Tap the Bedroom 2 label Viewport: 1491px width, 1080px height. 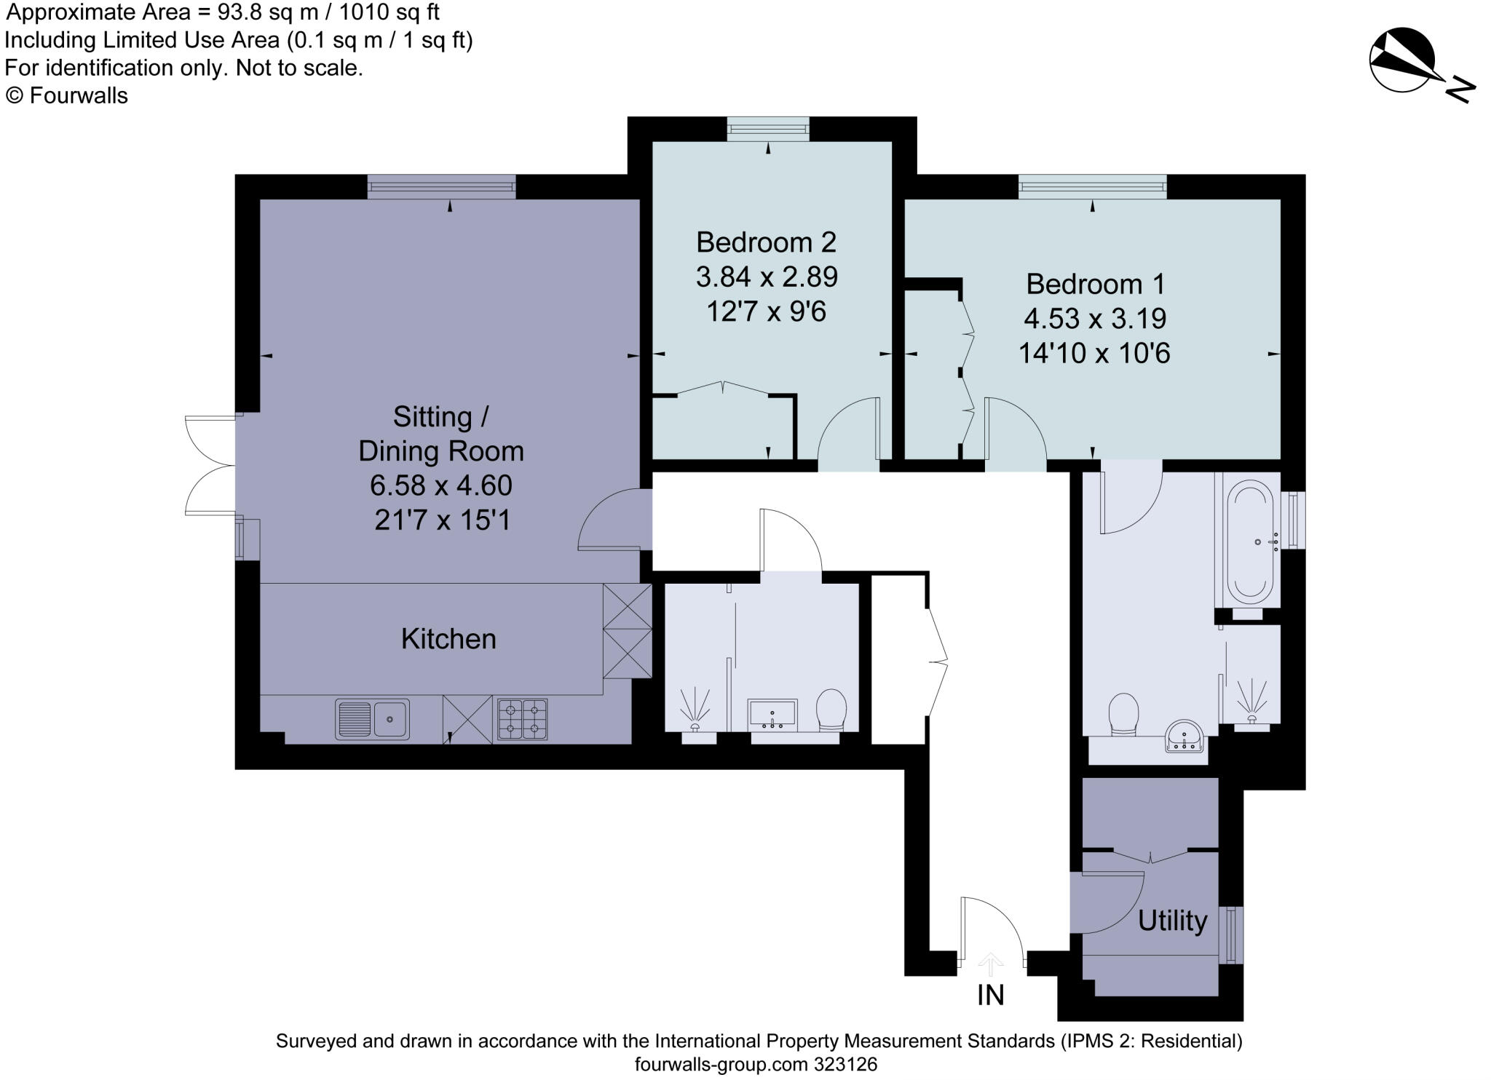coord(766,242)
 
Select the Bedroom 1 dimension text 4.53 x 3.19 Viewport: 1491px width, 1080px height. coord(1094,318)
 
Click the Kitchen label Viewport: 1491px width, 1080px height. coord(448,638)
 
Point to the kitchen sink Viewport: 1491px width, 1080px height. coord(372,719)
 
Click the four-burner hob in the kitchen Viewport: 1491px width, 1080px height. coord(522,719)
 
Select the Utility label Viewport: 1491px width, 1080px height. coord(1172,921)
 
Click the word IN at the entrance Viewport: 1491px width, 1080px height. coord(990,995)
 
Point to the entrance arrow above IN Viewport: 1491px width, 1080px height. coord(990,964)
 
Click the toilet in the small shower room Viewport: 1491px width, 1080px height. coord(831,709)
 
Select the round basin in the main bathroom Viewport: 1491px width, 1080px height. coord(1184,736)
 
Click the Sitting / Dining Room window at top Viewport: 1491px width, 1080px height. coord(441,187)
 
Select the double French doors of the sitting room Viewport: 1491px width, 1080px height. coord(210,465)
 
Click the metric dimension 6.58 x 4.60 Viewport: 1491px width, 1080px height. coord(440,485)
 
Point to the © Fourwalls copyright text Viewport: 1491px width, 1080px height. coord(67,96)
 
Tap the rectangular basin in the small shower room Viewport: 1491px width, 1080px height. coord(772,714)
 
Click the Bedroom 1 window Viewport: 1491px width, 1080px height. coord(1092,187)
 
